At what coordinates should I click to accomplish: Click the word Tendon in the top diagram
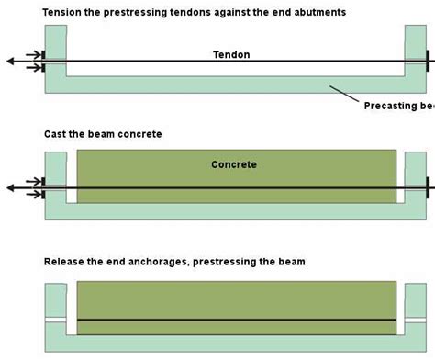tap(230, 55)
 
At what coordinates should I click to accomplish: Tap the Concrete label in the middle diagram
tap(234, 165)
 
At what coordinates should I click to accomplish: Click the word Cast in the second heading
tap(56, 134)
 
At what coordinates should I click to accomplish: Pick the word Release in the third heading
tap(65, 262)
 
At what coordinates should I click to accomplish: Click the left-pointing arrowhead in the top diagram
tap(9, 62)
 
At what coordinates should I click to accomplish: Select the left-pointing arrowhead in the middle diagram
tap(9, 186)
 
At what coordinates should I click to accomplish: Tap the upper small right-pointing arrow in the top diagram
tap(33, 55)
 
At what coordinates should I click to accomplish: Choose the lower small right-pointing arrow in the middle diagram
tap(33, 194)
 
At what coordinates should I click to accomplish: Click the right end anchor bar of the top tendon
tap(429, 62)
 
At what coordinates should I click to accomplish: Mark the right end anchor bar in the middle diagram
tap(429, 186)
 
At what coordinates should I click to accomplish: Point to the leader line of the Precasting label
tap(346, 93)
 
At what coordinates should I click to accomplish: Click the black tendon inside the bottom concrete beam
tap(237, 320)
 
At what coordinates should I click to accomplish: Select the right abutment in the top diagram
tap(414, 46)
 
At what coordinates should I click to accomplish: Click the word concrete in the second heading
tap(141, 134)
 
